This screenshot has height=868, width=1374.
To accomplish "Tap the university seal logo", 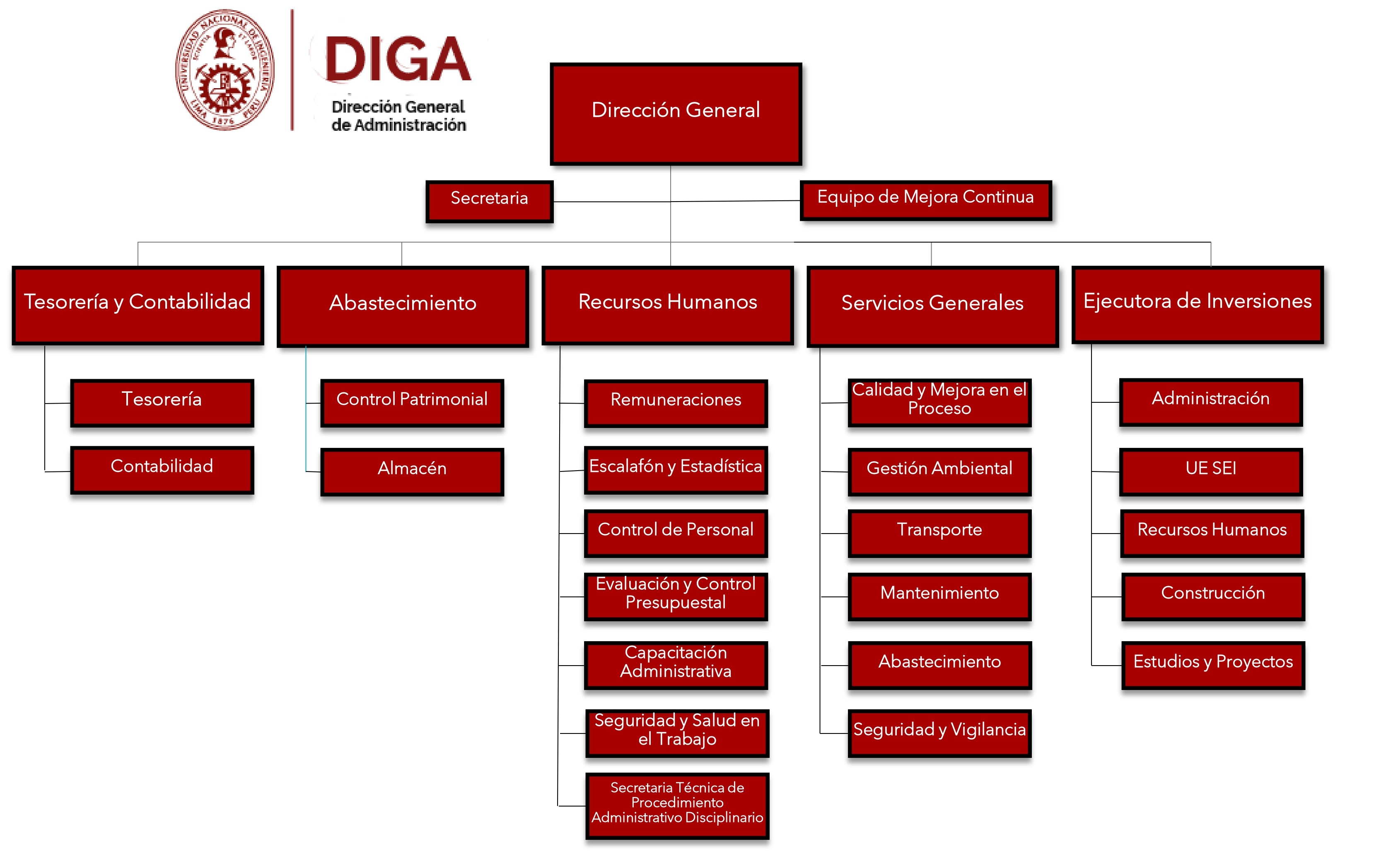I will point(225,70).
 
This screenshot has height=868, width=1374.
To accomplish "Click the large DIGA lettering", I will point(398,59).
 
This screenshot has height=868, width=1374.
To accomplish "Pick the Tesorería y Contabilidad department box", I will point(138,305).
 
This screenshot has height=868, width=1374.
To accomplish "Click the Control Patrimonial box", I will point(412,403).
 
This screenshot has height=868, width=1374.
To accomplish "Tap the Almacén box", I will point(412,471).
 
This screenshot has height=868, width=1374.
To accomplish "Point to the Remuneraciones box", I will point(676,403).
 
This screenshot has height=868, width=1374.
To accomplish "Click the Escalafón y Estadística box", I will point(676,469).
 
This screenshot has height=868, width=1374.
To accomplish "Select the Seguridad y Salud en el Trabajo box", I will point(677,732).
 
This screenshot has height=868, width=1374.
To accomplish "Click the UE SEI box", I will point(1211,471).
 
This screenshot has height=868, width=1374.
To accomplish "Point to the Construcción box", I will point(1213,596).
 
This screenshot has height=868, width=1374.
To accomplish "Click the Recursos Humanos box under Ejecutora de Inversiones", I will point(1212,533).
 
